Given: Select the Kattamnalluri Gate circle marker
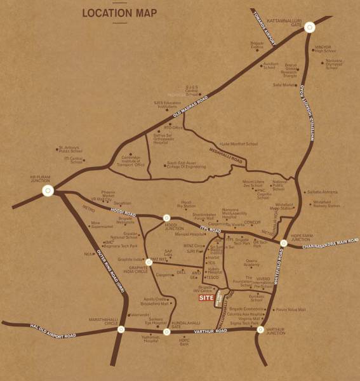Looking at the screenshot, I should click(309, 27).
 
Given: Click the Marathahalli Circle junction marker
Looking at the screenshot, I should click(121, 330).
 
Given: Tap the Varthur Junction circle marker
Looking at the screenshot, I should click(260, 330).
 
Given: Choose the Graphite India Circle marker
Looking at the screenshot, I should click(149, 262).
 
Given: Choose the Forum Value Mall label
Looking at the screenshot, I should click(290, 310).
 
